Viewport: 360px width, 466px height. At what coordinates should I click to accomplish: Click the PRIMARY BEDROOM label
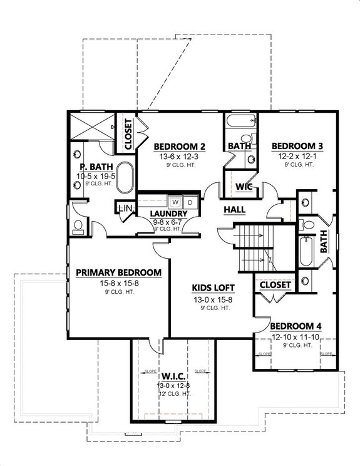pyautogui.click(x=119, y=272)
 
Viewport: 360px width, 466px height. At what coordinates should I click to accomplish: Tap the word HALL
pyautogui.click(x=234, y=209)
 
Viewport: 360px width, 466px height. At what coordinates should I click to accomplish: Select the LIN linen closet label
pyautogui.click(x=125, y=208)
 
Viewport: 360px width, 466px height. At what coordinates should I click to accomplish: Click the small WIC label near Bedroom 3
pyautogui.click(x=244, y=186)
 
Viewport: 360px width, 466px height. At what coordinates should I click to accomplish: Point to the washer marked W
pyautogui.click(x=177, y=202)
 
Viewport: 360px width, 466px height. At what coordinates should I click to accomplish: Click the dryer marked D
pyautogui.click(x=191, y=202)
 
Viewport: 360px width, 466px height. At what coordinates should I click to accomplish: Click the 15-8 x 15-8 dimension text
pyautogui.click(x=119, y=282)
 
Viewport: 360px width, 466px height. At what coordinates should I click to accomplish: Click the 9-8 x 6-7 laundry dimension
pyautogui.click(x=168, y=221)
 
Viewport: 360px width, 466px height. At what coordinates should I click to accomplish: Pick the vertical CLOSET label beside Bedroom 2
pyautogui.click(x=128, y=134)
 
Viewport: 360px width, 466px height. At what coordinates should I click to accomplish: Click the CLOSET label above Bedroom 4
pyautogui.click(x=275, y=284)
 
